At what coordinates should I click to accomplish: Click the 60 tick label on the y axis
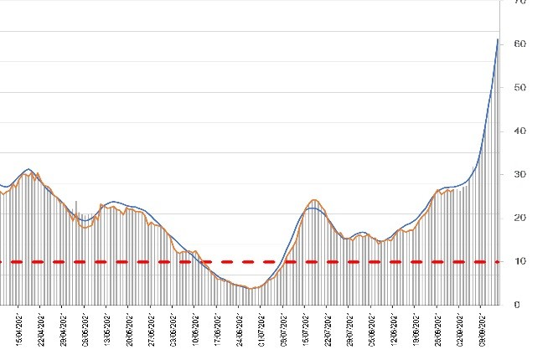(520, 44)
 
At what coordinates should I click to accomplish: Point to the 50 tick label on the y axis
(520, 87)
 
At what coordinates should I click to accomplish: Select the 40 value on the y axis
(520, 131)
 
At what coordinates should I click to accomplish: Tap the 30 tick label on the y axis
(520, 174)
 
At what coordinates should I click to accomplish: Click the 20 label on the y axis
(520, 218)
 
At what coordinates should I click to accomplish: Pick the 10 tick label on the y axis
(520, 261)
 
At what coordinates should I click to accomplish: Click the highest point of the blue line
(498, 39)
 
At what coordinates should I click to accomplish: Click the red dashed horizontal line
(251, 262)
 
